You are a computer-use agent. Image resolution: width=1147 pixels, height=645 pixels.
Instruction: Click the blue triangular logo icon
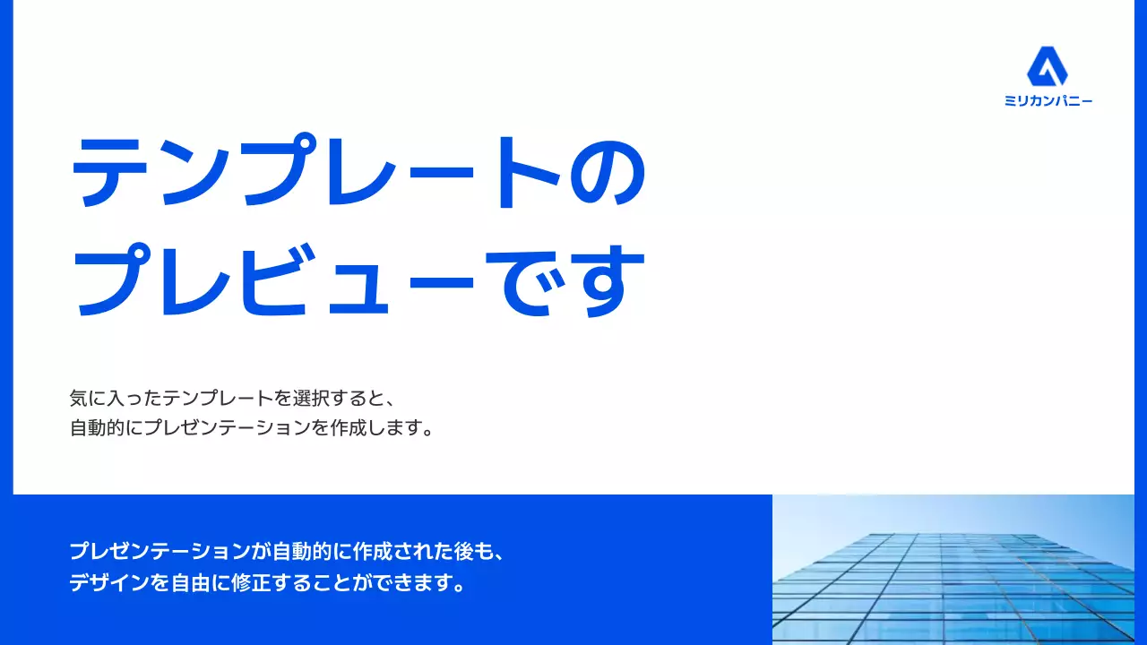[x=1048, y=67]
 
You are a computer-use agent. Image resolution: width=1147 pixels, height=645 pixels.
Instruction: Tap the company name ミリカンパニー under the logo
[x=1048, y=101]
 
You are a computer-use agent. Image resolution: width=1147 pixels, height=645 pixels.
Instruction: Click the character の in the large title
[x=609, y=172]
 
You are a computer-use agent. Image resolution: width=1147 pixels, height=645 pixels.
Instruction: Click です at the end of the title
[x=573, y=279]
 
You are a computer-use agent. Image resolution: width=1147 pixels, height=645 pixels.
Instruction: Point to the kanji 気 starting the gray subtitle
[x=79, y=397]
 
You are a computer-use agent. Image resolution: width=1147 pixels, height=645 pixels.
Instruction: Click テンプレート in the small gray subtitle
[x=219, y=397]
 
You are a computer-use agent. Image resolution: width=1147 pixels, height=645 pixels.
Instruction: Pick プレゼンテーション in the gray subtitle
[x=228, y=427]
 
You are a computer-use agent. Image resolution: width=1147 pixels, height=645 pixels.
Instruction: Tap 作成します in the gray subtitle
[x=376, y=427]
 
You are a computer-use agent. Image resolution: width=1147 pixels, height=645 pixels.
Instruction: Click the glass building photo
[x=953, y=570]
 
